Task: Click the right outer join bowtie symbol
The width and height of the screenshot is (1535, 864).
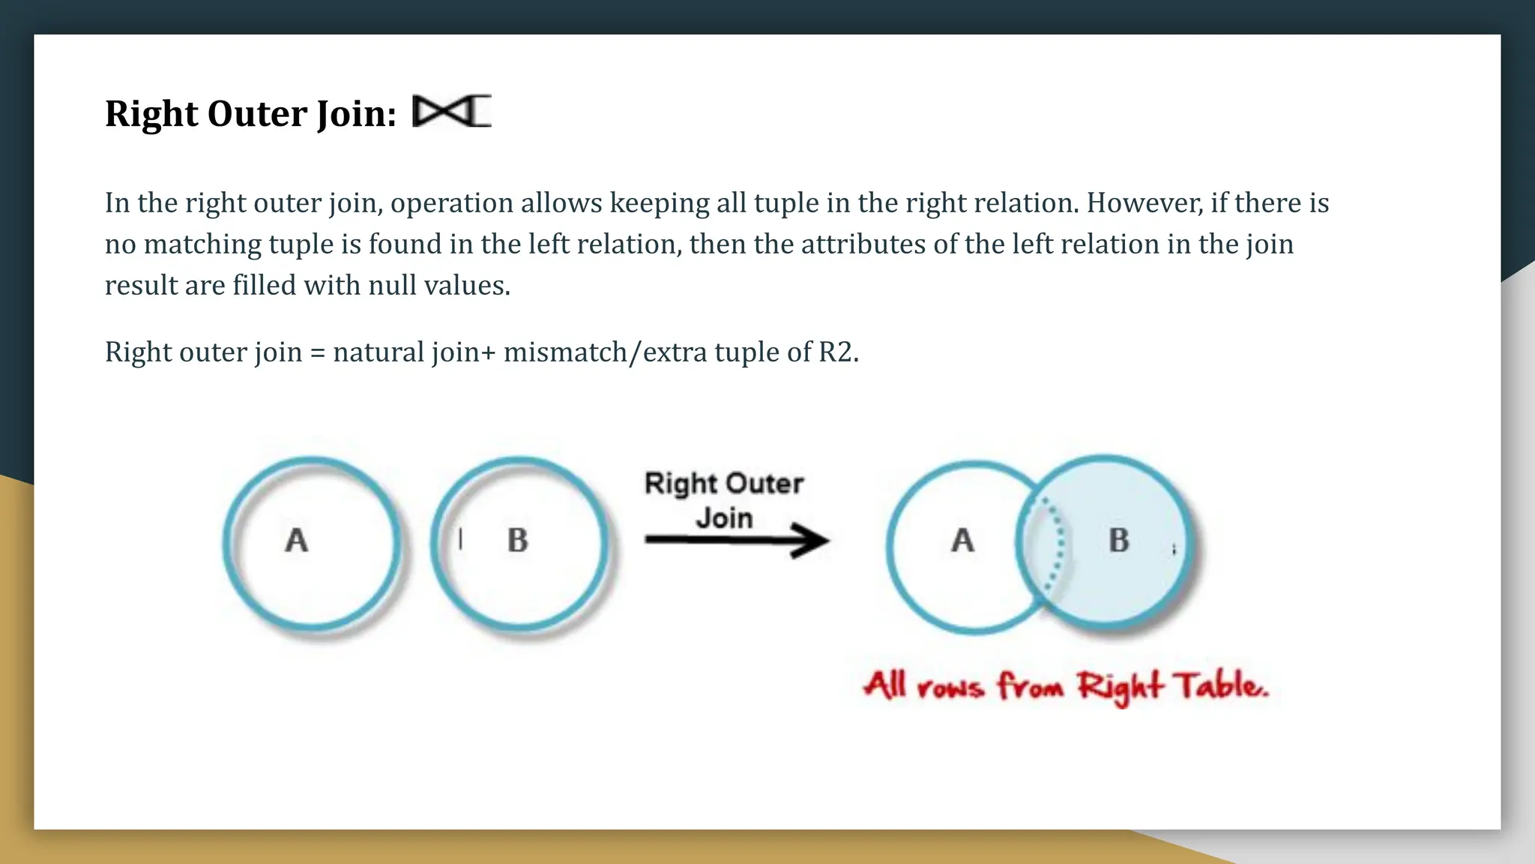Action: (x=452, y=112)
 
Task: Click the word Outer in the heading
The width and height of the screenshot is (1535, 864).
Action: (x=257, y=114)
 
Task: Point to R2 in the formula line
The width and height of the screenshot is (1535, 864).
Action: (x=836, y=352)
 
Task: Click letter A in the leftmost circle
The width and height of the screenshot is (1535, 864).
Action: (x=297, y=540)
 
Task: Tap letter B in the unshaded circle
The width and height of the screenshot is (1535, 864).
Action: (x=517, y=540)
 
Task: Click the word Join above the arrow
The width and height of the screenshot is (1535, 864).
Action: (x=724, y=518)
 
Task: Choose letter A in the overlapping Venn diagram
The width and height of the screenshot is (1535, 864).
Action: (x=963, y=540)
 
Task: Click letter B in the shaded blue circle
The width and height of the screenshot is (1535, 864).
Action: (x=1118, y=540)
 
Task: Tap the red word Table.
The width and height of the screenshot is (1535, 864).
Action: (x=1220, y=686)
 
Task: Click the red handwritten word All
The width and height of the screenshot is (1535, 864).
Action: (x=885, y=685)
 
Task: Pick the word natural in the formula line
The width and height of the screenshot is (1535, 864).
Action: (x=379, y=352)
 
